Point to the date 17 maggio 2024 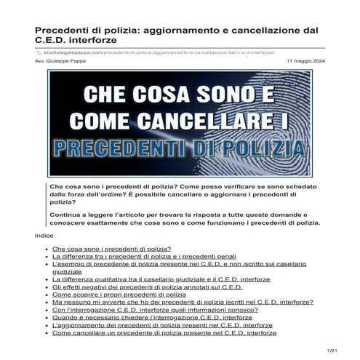tap(304, 62)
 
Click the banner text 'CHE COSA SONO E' tap(180, 95)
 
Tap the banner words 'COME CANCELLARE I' tap(180, 120)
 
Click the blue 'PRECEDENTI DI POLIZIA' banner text tap(180, 148)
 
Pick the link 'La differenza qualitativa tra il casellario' tap(161, 279)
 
